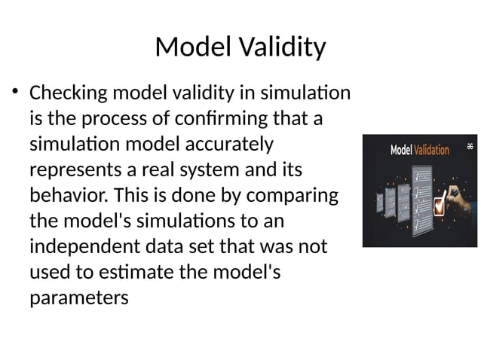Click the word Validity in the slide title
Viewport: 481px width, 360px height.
tap(281, 47)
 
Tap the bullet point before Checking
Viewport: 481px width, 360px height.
tap(14, 93)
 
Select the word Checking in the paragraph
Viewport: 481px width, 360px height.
tap(68, 94)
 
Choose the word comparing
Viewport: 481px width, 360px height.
tap(291, 196)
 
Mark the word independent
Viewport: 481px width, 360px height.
tap(84, 247)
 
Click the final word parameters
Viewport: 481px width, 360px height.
tap(78, 298)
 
